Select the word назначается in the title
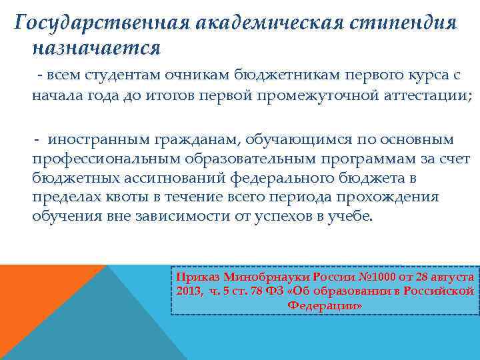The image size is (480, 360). (96, 48)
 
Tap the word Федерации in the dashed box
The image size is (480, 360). (325, 305)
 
